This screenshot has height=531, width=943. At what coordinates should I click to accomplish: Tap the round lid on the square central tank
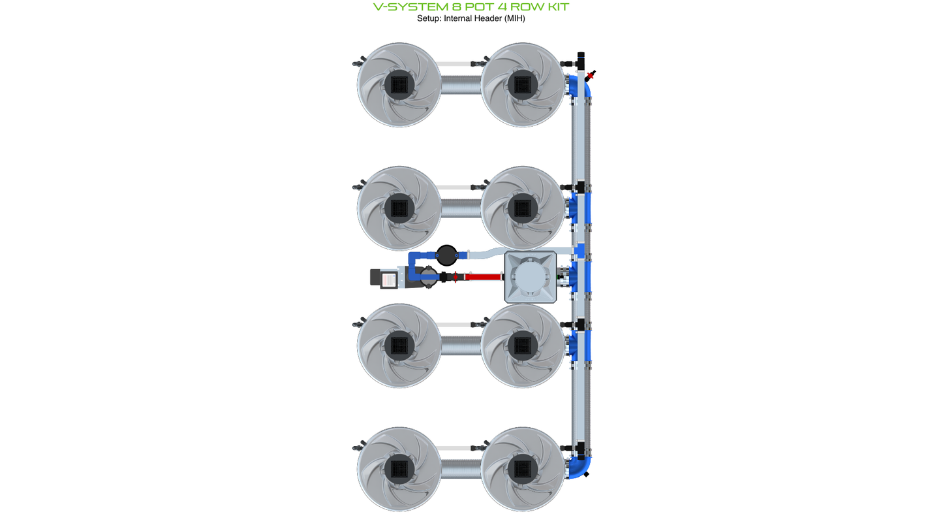coord(531,277)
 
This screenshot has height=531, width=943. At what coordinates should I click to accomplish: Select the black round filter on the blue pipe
coord(446,254)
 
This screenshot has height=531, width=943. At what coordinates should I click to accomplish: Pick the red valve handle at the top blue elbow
coord(591,76)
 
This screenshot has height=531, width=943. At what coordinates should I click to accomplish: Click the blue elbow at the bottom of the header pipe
coord(580,468)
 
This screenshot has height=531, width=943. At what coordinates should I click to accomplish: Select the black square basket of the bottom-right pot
coord(522,469)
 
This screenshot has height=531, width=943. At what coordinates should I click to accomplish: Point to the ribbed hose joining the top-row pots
coord(460,85)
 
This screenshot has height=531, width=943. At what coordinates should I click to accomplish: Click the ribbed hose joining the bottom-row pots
coord(460,469)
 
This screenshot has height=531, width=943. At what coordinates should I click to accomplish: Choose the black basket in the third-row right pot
coord(522,344)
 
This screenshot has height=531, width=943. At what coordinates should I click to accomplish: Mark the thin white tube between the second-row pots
coord(460,187)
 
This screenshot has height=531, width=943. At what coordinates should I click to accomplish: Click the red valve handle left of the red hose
coord(456,277)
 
